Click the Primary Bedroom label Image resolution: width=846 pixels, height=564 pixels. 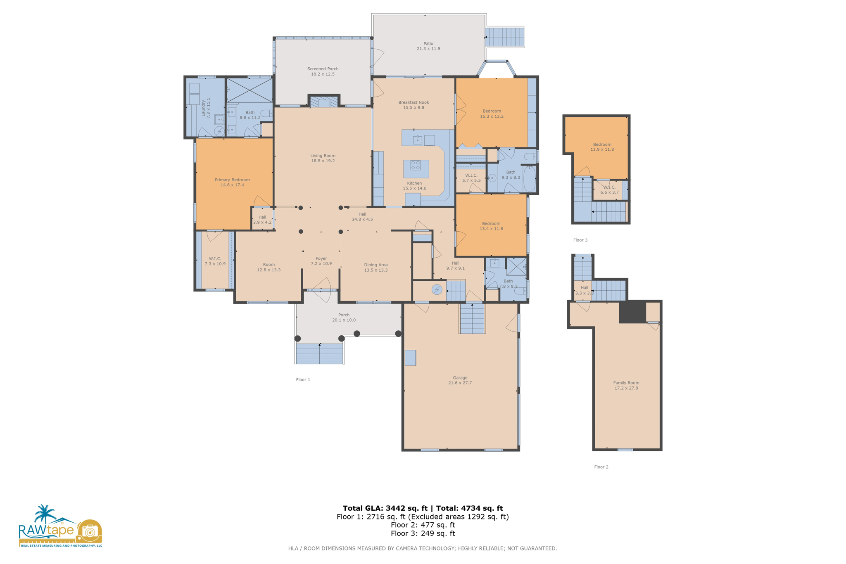[x=232, y=180]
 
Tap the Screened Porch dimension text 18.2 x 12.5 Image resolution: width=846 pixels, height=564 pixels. [x=323, y=74]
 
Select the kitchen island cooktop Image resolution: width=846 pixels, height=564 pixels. [x=416, y=166]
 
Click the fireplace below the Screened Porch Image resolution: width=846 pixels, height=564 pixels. [x=324, y=102]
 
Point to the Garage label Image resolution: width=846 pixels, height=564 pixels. [x=460, y=378]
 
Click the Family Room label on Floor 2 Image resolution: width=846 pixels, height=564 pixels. [x=626, y=383]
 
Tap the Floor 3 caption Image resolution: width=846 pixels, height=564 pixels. [x=580, y=240]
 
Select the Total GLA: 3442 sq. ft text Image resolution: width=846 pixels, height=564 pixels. [x=385, y=508]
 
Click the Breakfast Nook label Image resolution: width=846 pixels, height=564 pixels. [x=413, y=102]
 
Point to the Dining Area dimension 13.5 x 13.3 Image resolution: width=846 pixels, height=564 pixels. [x=375, y=270]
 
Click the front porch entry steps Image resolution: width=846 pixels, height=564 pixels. [x=319, y=354]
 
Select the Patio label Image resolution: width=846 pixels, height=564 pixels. [x=428, y=43]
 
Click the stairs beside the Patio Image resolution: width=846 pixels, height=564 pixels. [x=504, y=37]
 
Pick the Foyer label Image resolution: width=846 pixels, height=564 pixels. [x=321, y=258]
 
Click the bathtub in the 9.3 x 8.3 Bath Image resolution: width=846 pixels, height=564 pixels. [x=530, y=179]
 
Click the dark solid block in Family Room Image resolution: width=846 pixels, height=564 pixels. [x=632, y=312]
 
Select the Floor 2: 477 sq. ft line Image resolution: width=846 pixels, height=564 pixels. [x=423, y=525]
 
